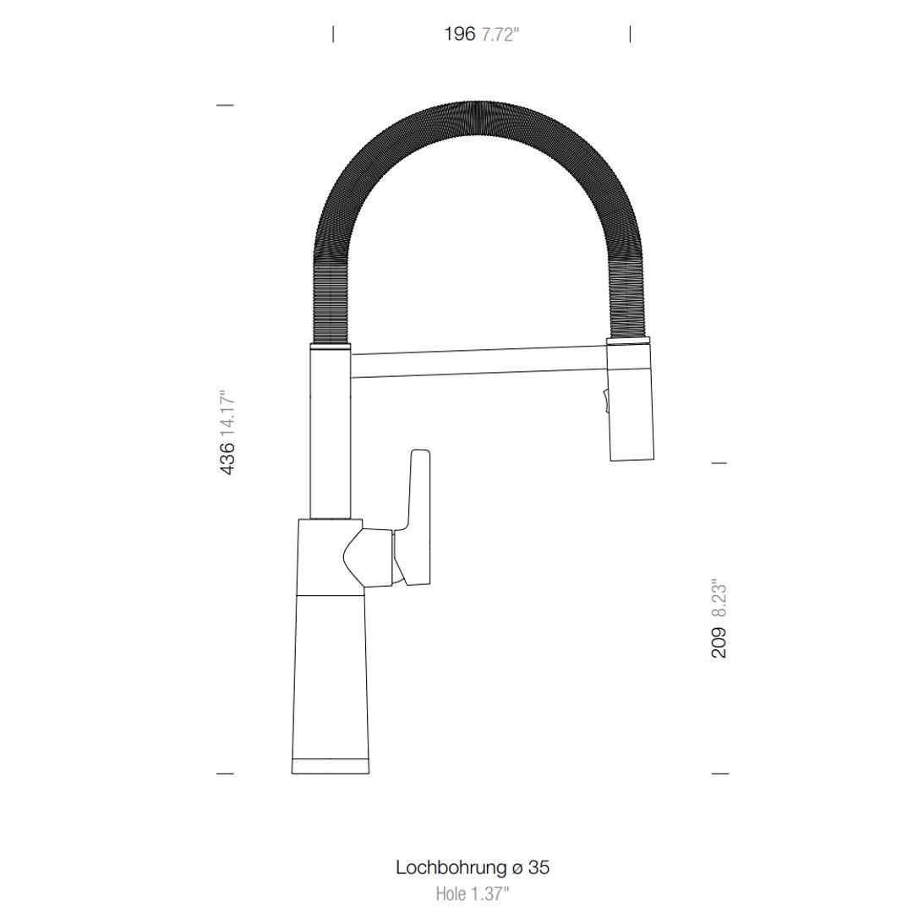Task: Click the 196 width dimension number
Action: point(460,35)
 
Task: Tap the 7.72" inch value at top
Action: point(500,36)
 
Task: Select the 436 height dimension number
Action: point(227,458)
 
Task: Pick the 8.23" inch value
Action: point(719,601)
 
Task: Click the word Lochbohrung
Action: point(451,867)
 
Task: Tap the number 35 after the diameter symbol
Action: point(539,867)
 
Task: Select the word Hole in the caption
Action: point(451,893)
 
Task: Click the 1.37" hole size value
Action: point(489,893)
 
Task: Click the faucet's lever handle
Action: point(418,516)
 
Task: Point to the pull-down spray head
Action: point(630,406)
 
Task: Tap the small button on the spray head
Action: point(604,398)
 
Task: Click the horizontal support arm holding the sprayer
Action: point(478,362)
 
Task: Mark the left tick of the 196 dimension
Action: point(333,34)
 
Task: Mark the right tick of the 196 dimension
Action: point(631,34)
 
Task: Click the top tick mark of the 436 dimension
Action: point(225,105)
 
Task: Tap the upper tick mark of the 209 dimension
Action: point(719,463)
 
